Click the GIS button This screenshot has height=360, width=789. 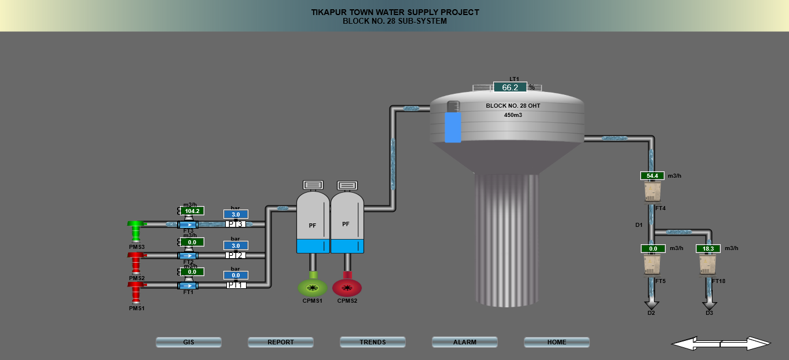(188, 342)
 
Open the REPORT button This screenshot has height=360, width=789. (280, 342)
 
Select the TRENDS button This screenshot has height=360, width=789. (372, 342)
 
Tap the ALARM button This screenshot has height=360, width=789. (464, 342)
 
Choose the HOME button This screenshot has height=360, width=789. (556, 342)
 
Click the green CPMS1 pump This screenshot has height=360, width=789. (313, 287)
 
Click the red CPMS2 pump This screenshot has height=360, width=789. (347, 287)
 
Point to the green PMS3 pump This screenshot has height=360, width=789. (137, 229)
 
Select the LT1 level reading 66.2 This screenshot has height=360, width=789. (510, 87)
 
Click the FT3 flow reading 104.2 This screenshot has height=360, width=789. (192, 211)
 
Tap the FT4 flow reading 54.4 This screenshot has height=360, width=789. (652, 175)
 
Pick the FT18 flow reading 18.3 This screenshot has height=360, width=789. (708, 249)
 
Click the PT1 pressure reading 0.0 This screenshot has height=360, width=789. (236, 275)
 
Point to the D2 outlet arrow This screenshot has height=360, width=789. (652, 304)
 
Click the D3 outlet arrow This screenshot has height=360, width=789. (709, 304)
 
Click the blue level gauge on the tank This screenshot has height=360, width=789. (453, 126)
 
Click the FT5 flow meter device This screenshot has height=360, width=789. (652, 265)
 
